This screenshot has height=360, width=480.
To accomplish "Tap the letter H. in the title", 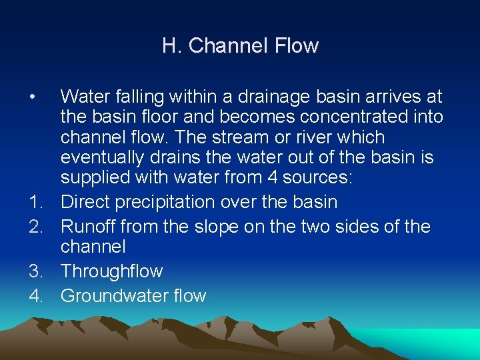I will click(172, 46).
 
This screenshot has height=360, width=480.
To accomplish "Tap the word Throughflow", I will click(111, 271).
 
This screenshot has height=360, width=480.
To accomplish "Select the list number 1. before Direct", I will click(37, 202).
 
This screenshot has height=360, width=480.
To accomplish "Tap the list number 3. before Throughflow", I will click(37, 271).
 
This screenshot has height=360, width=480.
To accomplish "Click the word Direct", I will click(85, 202).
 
